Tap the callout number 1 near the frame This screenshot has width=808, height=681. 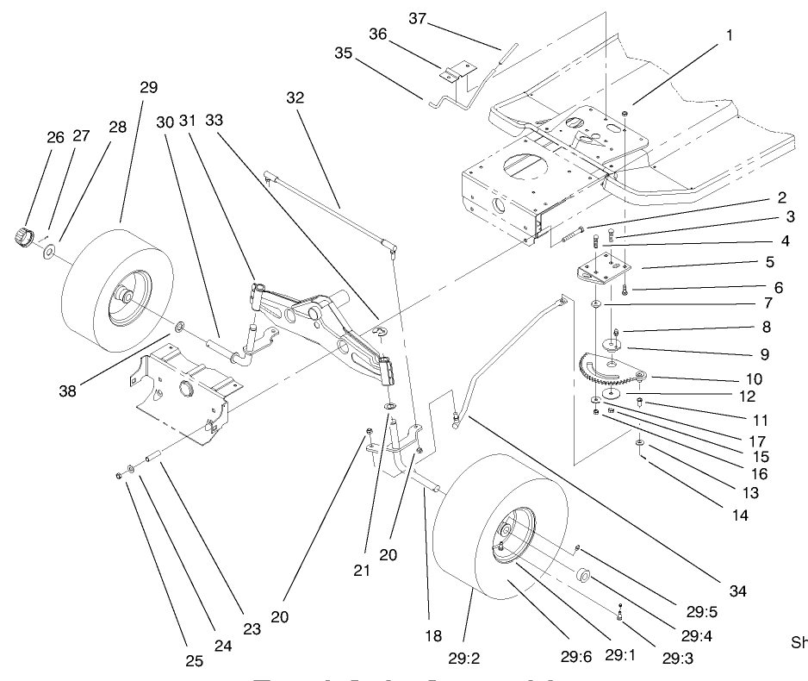(x=729, y=36)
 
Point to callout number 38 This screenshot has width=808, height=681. (x=67, y=390)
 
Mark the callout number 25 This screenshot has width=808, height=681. (x=194, y=661)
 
